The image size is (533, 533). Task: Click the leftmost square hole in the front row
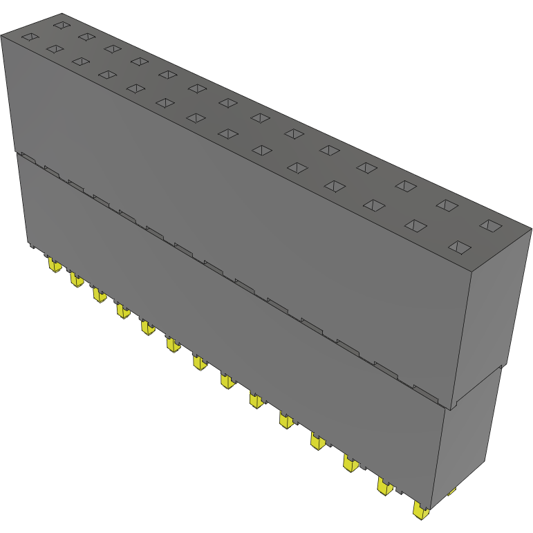coord(30,37)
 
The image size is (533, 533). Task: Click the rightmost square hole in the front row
coord(460,247)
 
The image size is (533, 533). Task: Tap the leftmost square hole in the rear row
coord(62,26)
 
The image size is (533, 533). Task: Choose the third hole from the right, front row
coord(374,205)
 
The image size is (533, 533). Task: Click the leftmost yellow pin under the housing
coord(53,265)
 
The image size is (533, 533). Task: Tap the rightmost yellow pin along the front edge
coord(420,510)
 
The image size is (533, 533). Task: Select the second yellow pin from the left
coord(75,279)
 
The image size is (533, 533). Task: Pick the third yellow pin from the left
coord(100,295)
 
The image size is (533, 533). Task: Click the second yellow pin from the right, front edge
coord(384,486)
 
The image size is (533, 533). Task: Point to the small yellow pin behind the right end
coord(453,491)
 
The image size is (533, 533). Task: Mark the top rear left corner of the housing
coord(62,13)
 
